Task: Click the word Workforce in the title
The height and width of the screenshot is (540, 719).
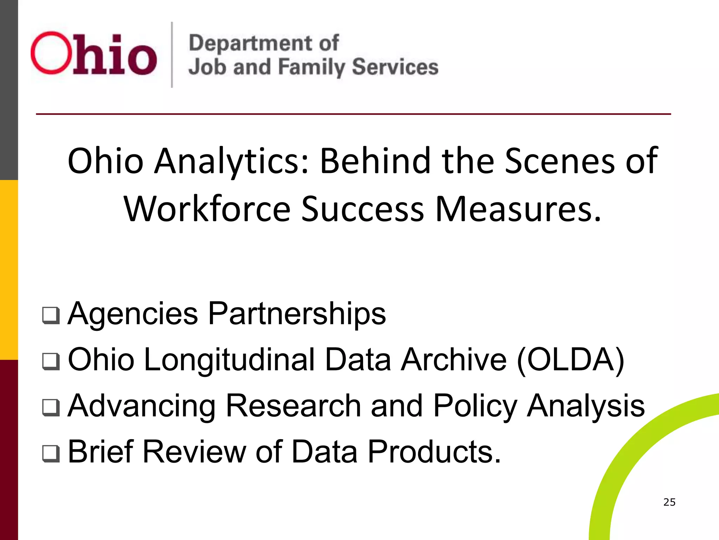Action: (x=207, y=209)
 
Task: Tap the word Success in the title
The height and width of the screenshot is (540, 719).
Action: (x=363, y=209)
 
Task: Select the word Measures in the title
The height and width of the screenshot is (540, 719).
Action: (x=518, y=209)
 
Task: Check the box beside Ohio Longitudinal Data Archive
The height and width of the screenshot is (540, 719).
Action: (x=51, y=361)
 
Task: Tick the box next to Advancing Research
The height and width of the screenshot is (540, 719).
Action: (x=51, y=407)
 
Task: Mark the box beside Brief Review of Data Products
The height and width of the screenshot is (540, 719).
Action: (x=51, y=453)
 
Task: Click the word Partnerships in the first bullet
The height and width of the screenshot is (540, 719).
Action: (x=297, y=314)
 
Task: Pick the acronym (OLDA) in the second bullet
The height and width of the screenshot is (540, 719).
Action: (x=571, y=360)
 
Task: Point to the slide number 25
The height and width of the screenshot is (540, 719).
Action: (x=669, y=502)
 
